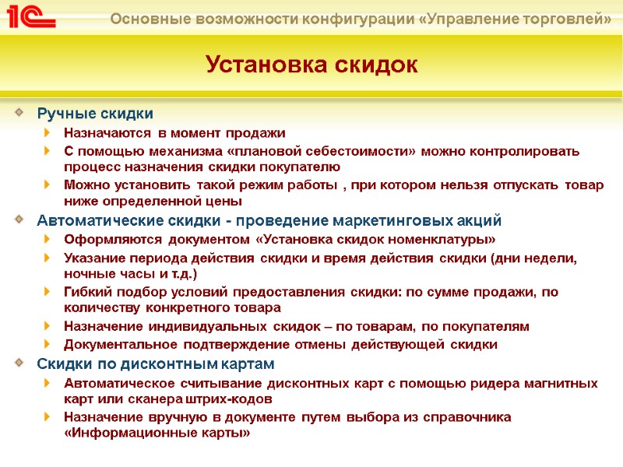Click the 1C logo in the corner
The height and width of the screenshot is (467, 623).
point(30,16)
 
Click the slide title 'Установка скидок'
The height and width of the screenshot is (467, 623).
point(311,64)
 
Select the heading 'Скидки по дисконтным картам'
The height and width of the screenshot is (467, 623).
point(156,363)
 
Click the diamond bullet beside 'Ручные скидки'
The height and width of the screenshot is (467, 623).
point(19,114)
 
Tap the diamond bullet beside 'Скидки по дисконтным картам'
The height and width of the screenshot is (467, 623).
point(19,363)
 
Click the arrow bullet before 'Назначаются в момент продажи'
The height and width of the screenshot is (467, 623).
point(48,133)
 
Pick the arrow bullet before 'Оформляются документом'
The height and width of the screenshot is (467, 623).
point(48,239)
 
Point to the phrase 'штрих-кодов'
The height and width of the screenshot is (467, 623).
point(234,399)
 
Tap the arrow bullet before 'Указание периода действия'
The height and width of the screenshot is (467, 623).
point(48,258)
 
